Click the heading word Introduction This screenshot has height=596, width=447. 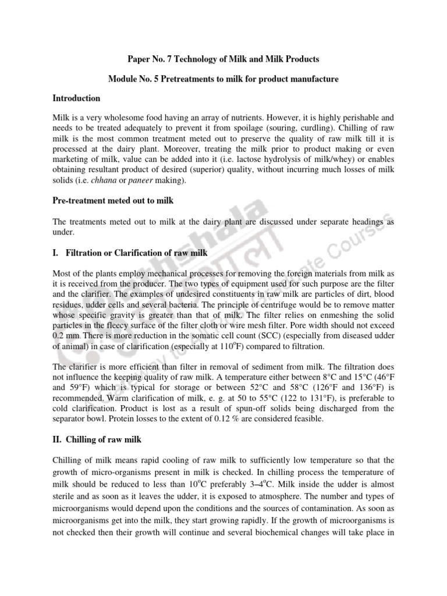pos(76,98)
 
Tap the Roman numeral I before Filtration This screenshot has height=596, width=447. pos(55,253)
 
